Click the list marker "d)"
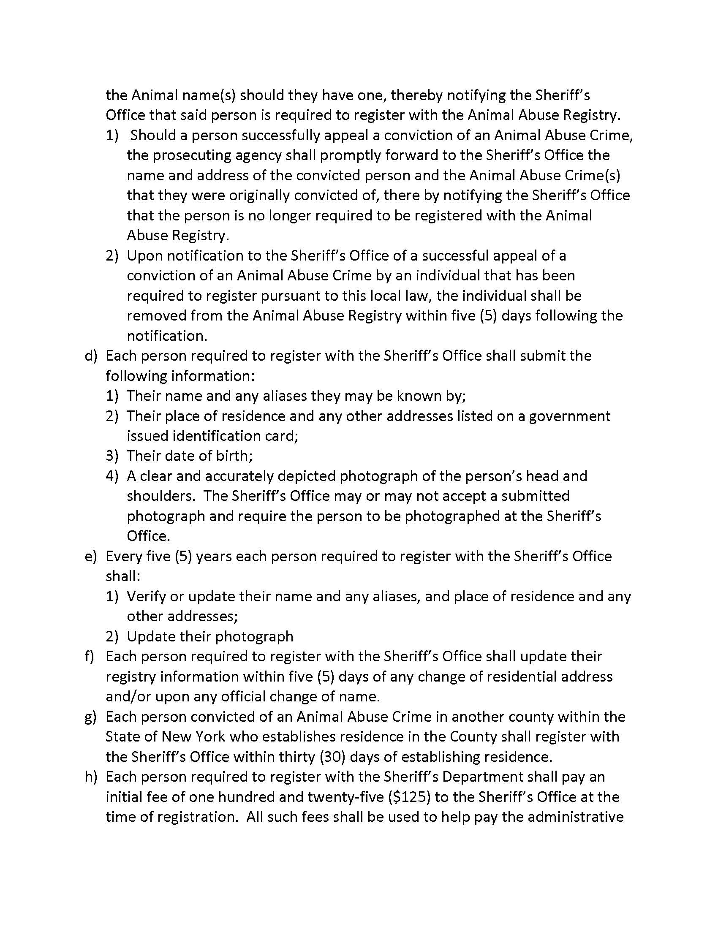pos(91,356)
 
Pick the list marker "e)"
pos(91,557)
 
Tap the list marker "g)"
pos(91,717)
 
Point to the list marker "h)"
pos(91,777)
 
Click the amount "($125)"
pos(409,797)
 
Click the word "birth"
pos(231,456)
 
